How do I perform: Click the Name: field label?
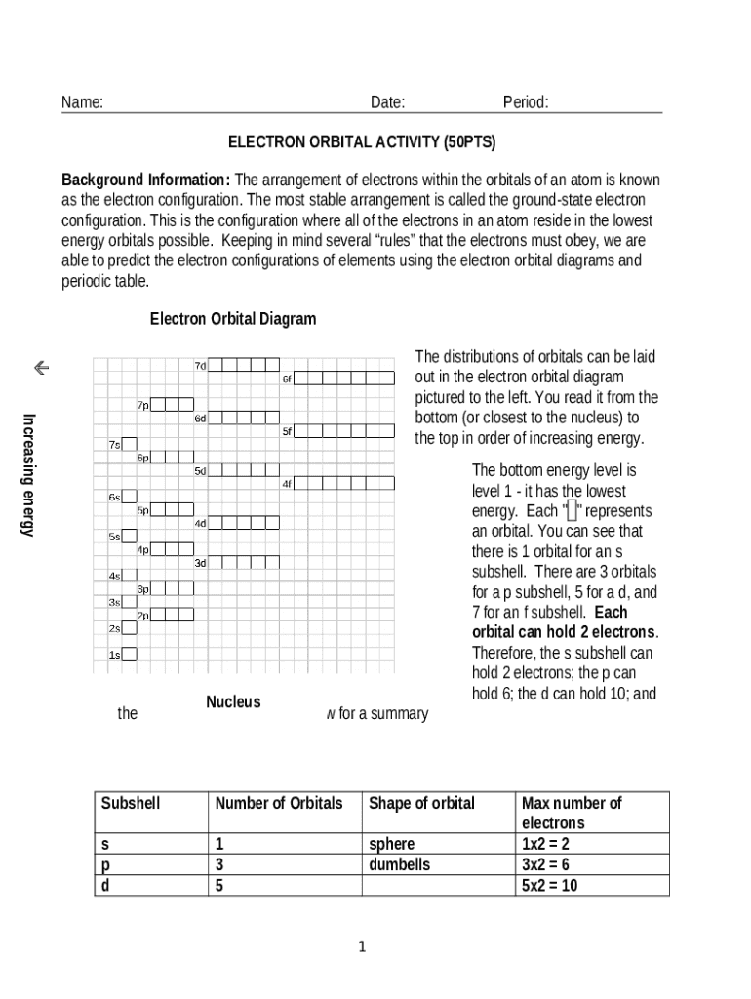pyautogui.click(x=83, y=103)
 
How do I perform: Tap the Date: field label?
pyautogui.click(x=387, y=103)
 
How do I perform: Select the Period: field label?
pyautogui.click(x=526, y=103)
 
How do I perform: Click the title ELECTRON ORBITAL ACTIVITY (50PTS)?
pyautogui.click(x=362, y=142)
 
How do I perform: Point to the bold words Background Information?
pyautogui.click(x=146, y=180)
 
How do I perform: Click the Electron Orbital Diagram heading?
pyautogui.click(x=232, y=319)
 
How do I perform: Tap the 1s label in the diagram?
pyautogui.click(x=114, y=656)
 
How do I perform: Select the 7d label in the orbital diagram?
pyautogui.click(x=200, y=366)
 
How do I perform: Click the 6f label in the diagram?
pyautogui.click(x=287, y=379)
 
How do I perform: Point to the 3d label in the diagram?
pyautogui.click(x=200, y=563)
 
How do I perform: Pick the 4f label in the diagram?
pyautogui.click(x=287, y=484)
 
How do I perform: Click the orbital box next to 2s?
pyautogui.click(x=130, y=628)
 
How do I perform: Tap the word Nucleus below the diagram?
pyautogui.click(x=233, y=702)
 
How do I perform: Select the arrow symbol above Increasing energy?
pyautogui.click(x=41, y=368)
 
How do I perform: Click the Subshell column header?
pyautogui.click(x=131, y=804)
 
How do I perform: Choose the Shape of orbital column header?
pyautogui.click(x=421, y=804)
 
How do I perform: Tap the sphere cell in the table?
pyautogui.click(x=391, y=844)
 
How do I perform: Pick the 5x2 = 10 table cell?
pyautogui.click(x=549, y=886)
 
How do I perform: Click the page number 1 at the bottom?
pyautogui.click(x=362, y=946)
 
